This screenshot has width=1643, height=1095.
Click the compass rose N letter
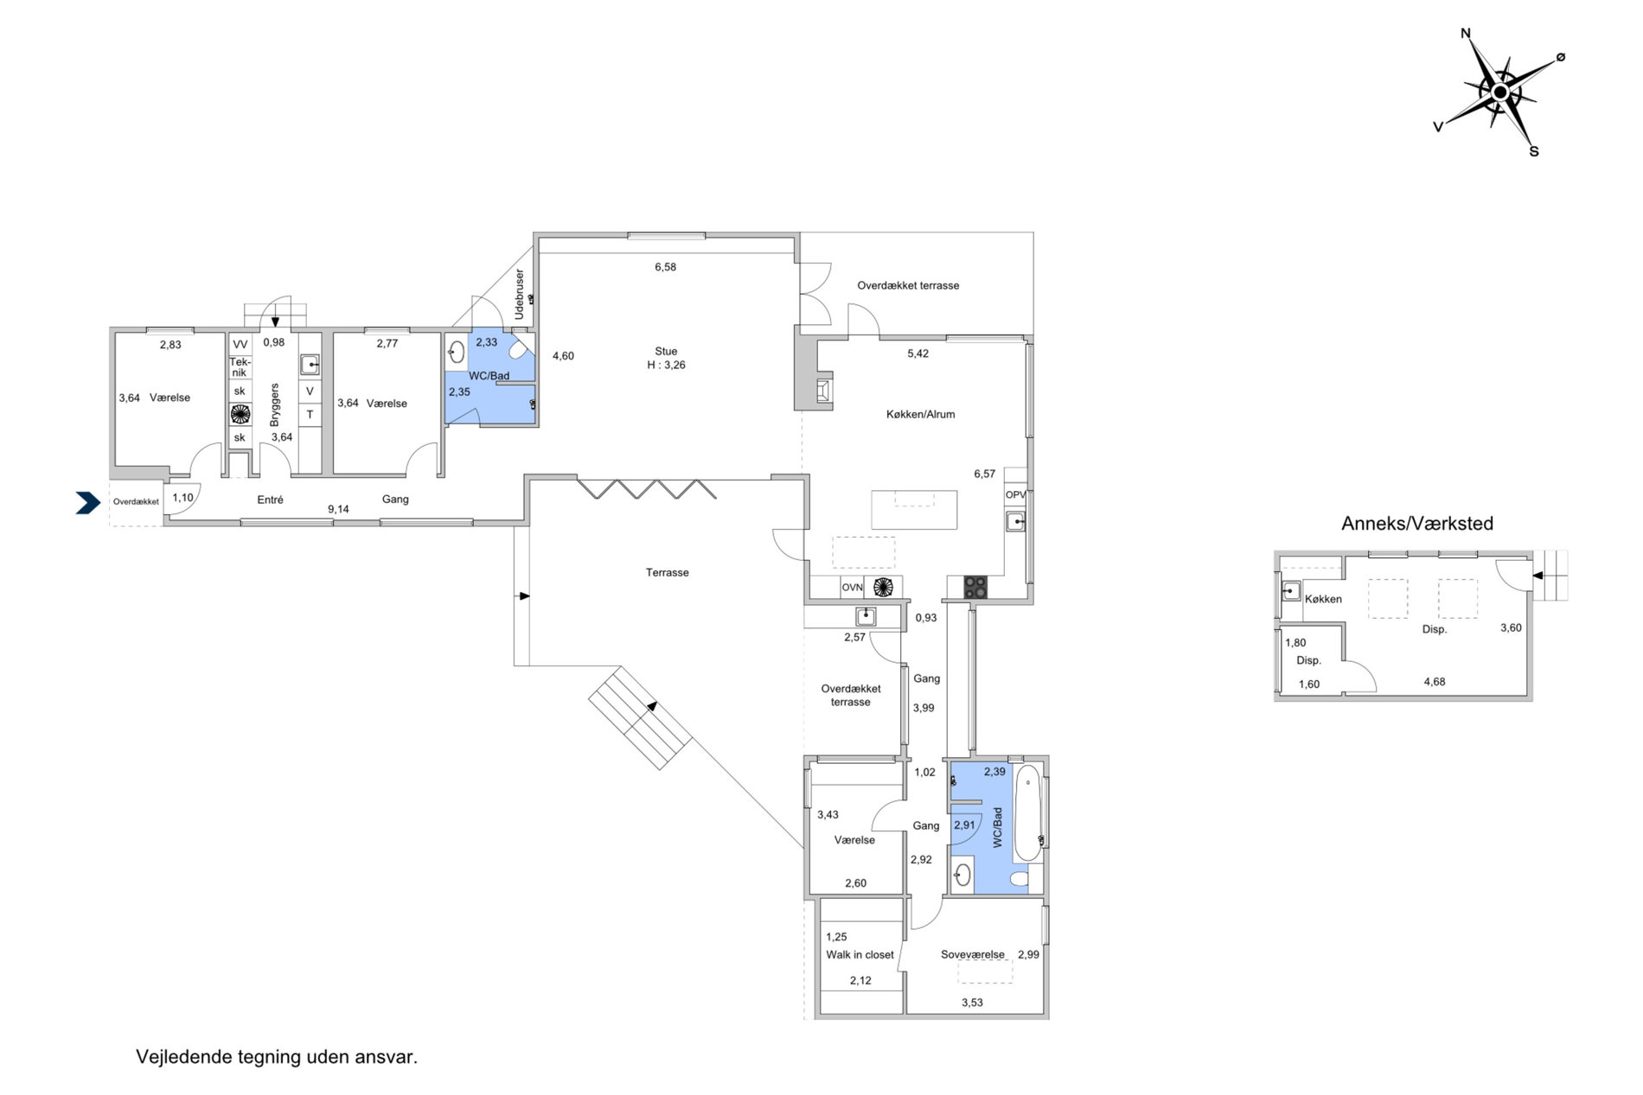tap(1466, 34)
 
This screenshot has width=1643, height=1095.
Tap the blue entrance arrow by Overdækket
tap(88, 503)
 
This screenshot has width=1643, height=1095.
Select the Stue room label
tap(666, 351)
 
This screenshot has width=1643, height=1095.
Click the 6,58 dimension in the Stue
tap(665, 267)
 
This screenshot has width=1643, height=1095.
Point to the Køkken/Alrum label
tap(920, 414)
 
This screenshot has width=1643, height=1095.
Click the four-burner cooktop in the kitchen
tap(975, 587)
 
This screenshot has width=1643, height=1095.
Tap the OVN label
tap(852, 588)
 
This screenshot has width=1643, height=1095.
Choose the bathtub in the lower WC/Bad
tap(1027, 812)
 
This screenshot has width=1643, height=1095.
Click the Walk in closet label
tap(860, 955)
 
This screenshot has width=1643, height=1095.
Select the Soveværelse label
tap(973, 955)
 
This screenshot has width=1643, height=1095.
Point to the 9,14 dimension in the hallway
tap(338, 509)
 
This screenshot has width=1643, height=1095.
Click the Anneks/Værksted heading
tap(1416, 523)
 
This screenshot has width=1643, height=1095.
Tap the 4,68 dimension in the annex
tap(1434, 682)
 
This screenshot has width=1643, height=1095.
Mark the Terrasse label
tap(667, 572)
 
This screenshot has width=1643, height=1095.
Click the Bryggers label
tap(275, 404)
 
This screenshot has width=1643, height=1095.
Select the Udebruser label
tap(519, 295)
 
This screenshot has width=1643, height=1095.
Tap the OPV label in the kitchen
tap(1015, 495)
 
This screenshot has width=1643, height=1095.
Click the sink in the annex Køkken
tap(1291, 591)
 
